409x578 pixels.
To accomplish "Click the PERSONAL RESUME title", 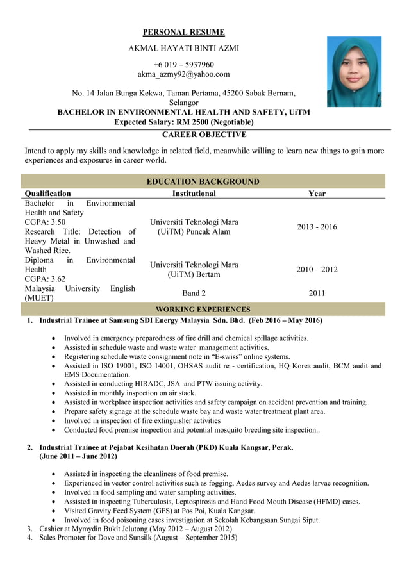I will click(183, 32).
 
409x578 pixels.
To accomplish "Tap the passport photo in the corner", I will click(354, 71).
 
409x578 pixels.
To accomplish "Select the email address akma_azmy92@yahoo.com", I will click(183, 74).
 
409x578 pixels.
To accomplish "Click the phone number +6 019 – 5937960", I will click(183, 65).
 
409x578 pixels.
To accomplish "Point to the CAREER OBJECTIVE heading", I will click(204, 135).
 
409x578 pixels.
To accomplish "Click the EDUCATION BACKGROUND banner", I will click(203, 181).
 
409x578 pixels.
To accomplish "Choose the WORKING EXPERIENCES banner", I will click(203, 309).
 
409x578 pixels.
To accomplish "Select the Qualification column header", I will click(47, 193).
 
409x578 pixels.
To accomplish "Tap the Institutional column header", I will click(194, 193).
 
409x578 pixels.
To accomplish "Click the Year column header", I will click(317, 193).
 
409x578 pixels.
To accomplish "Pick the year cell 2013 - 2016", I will click(317, 227).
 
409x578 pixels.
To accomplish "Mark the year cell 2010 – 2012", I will click(317, 270).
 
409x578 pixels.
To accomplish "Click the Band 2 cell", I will click(194, 293).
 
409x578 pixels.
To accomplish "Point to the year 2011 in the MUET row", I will click(317, 293).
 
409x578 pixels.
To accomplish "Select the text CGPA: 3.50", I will click(45, 222).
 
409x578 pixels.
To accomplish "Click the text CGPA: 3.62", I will click(45, 279).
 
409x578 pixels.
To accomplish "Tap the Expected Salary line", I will click(183, 122).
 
